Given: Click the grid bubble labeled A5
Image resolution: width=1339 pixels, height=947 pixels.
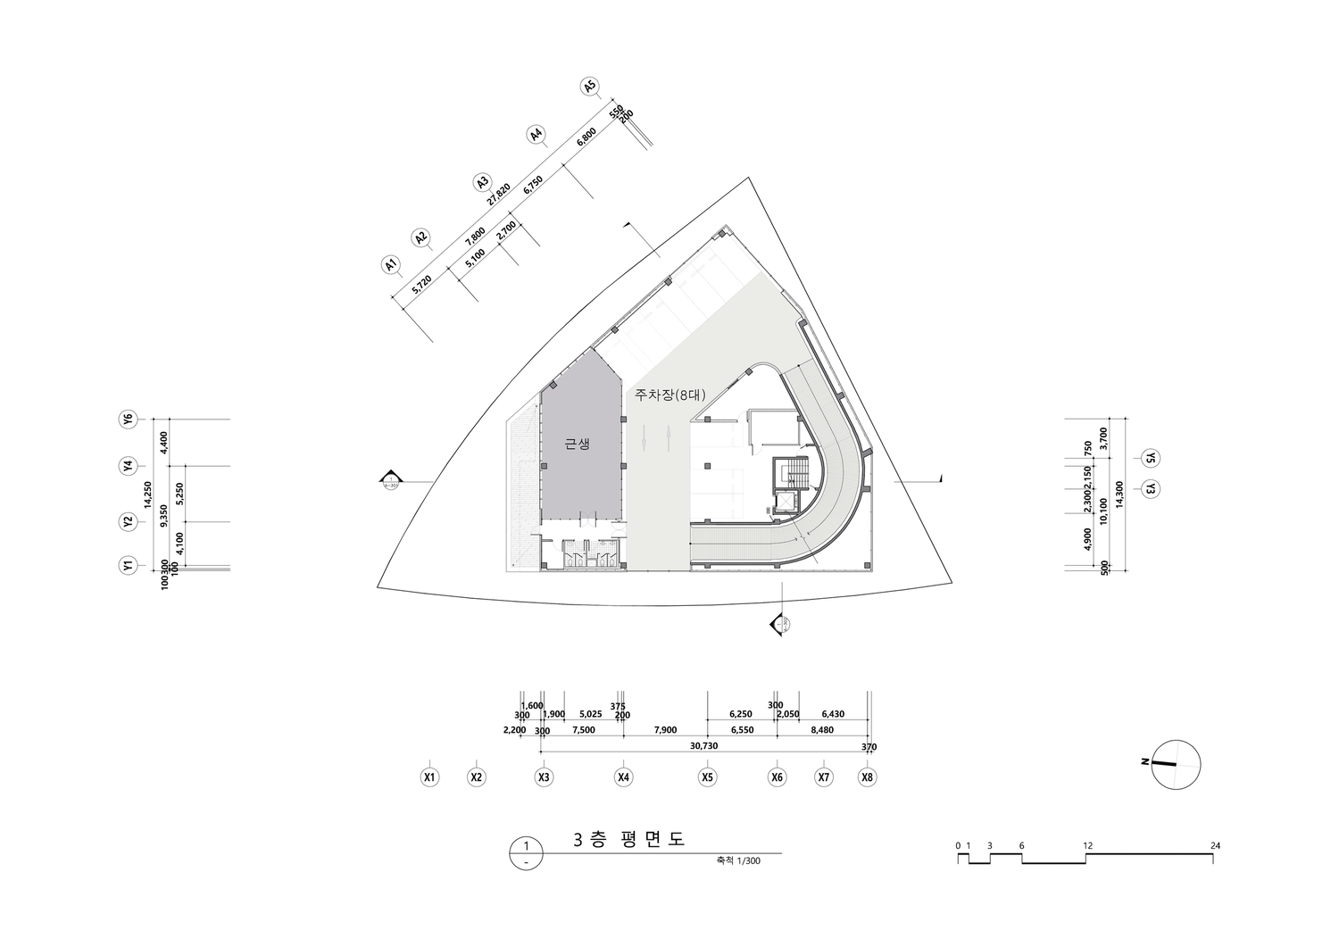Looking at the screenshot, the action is coord(588,87).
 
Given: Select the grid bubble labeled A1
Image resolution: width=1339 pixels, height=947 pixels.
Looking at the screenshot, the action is coord(389,264).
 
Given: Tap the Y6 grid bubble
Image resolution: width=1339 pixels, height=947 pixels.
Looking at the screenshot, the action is coord(129,419).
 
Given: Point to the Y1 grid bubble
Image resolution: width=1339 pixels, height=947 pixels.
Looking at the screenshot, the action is coord(129,566).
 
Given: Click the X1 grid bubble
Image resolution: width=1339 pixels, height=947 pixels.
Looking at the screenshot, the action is coord(429,777).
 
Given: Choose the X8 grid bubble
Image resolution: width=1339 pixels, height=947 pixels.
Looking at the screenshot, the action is coord(867,777).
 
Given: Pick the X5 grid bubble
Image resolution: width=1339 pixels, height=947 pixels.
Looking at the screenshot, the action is coord(707,777).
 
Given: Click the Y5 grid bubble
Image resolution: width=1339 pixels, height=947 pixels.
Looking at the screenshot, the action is coord(1151,458).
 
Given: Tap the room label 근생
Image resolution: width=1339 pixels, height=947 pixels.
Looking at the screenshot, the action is coord(578,444).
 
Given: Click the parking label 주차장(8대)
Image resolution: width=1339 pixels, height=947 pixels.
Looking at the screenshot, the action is coord(669,394).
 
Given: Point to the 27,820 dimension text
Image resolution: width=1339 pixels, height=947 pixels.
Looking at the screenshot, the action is coord(498,195).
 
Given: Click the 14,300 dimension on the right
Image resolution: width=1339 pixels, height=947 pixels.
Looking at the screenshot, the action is coord(1119,494).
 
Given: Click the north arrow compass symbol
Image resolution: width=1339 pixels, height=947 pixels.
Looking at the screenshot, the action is coord(1176,765).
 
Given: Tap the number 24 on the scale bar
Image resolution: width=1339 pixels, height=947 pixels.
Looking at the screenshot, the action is coord(1216,845).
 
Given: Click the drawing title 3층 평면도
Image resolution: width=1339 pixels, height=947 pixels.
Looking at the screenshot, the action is coord(628,840).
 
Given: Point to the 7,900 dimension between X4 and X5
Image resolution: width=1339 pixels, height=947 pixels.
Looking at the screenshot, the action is coord(665,730).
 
